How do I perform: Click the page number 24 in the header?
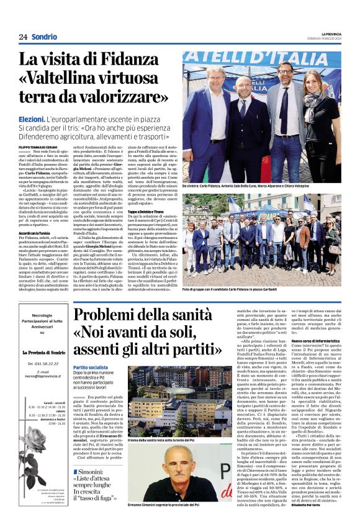point(23,37)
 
